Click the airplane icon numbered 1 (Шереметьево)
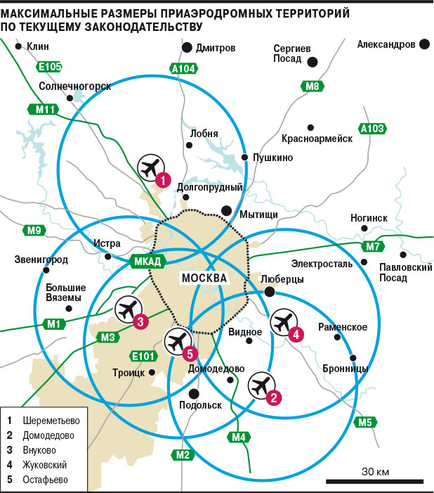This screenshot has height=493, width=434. coord(151,167)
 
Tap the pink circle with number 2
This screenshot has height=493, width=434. coord(273,398)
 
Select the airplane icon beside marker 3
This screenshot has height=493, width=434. coord(129,309)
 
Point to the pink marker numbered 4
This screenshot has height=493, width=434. coord(296,335)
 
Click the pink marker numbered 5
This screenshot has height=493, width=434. coord(190,354)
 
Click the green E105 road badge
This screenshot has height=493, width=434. coord(49,67)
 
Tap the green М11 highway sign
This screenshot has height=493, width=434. coord(44,110)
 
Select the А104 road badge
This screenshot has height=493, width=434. coord(183,68)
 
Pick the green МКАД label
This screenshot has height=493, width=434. coord(147,262)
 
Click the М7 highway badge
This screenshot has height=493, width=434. coord(373,246)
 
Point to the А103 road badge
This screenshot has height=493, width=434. coord(372,129)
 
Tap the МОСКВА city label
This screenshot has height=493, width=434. coord(204,278)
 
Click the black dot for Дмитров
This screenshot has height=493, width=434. coord(187,48)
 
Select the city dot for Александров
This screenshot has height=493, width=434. coord(424,44)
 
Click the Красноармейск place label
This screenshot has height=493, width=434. coord(317,139)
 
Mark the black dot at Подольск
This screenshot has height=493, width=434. coord(194,394)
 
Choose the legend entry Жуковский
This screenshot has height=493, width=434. coord(44,465)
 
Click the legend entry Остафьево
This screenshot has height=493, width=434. coord(45,480)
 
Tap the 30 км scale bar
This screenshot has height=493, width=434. coord(374,481)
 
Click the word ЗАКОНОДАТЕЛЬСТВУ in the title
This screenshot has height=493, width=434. coord(143,27)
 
